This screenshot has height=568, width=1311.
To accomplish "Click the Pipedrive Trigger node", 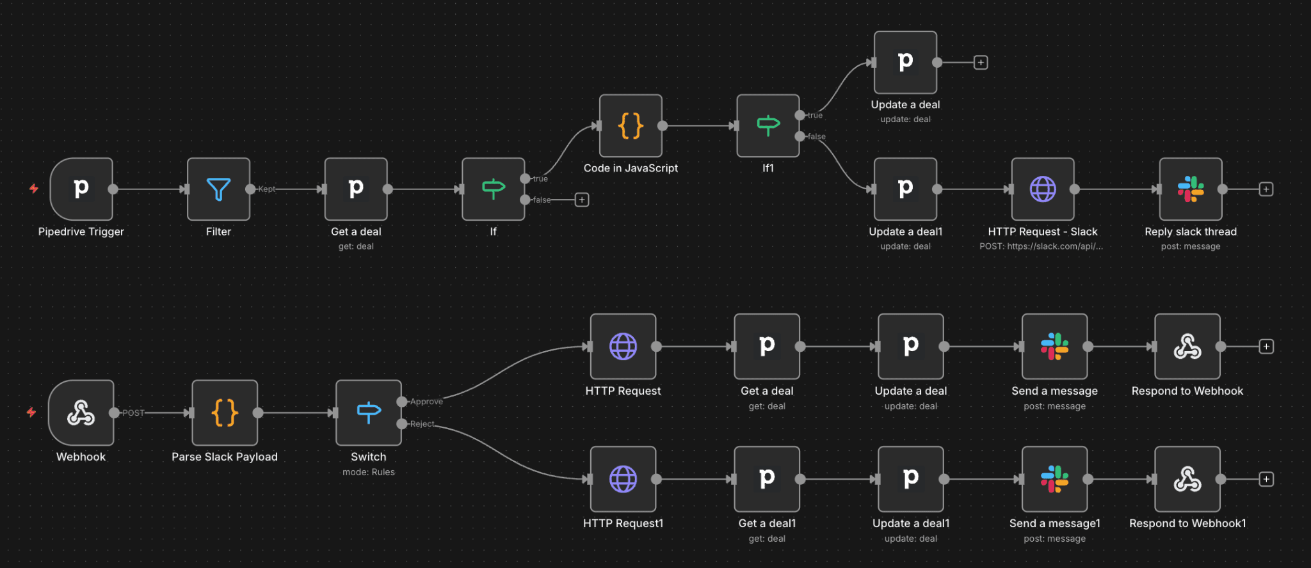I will [x=81, y=189].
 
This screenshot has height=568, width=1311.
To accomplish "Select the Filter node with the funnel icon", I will [x=218, y=189].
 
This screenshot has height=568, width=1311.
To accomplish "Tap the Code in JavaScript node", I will [x=631, y=126].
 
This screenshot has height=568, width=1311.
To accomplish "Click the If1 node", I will [x=768, y=126].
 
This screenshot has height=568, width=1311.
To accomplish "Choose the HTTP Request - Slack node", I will [x=1042, y=189].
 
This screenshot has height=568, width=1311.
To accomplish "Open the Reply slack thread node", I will [x=1191, y=189].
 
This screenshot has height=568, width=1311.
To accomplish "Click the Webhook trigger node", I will [x=81, y=413].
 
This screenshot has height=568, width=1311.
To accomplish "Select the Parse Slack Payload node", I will [x=225, y=413].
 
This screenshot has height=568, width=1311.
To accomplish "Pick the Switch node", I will [x=369, y=413].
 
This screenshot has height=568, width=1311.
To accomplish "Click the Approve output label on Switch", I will [x=426, y=402].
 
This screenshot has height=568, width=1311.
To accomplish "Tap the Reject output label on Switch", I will [x=422, y=424].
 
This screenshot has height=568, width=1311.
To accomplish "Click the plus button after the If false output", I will [x=582, y=200].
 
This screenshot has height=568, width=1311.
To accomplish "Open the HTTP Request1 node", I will [x=623, y=479].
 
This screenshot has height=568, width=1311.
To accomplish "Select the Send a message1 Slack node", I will [x=1054, y=479].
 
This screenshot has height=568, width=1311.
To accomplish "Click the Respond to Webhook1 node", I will [x=1187, y=479].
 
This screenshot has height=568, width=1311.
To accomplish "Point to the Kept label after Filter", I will [x=267, y=189].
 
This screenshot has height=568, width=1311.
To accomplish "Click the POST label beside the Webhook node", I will [x=133, y=413].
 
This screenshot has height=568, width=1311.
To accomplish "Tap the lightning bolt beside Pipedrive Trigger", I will [x=34, y=189].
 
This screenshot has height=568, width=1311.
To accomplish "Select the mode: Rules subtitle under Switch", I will [x=369, y=472].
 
